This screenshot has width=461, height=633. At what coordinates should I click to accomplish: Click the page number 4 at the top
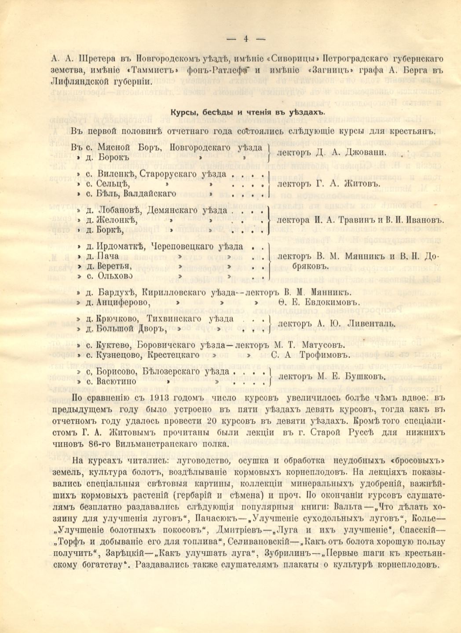click(245, 38)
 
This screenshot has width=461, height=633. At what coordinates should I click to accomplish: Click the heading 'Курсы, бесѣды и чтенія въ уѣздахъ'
click(248, 112)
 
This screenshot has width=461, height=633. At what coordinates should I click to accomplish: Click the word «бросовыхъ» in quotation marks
click(415, 461)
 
